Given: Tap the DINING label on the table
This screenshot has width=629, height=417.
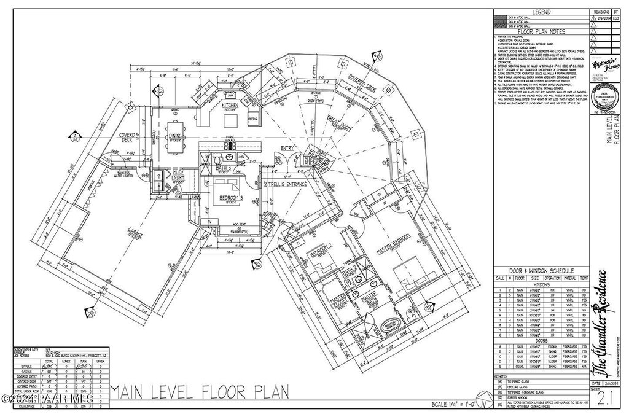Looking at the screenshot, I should pos(176,136).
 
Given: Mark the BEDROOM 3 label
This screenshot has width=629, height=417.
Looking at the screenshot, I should pos(232,198).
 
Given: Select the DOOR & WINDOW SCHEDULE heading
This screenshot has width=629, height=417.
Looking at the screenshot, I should pos(541,271).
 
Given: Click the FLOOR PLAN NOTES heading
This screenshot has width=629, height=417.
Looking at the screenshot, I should pos(541,31).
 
